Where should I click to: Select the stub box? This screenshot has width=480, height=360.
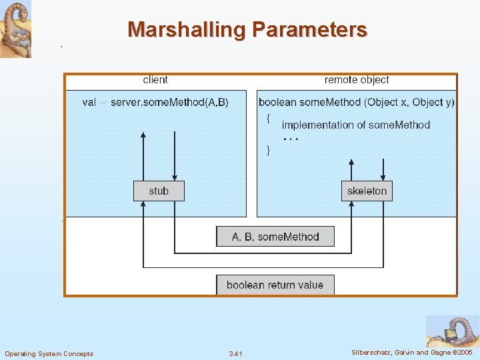tap(159, 191)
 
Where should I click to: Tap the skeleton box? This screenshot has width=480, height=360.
tap(367, 191)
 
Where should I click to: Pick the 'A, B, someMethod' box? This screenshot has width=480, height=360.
tap(275, 237)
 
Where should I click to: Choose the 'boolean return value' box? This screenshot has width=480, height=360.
tap(275, 285)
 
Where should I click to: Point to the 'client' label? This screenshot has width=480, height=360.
tap(155, 80)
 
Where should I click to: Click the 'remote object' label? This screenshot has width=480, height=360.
tap(357, 80)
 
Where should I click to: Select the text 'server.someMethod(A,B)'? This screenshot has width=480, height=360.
tap(169, 102)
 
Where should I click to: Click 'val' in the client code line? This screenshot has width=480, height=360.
tap(89, 102)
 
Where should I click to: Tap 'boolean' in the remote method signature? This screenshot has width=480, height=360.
tap(277, 102)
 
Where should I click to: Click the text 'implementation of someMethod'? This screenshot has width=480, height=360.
tap(356, 125)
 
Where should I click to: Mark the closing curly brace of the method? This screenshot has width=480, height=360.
tap(268, 150)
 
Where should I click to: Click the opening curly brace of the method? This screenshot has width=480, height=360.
tap(268, 119)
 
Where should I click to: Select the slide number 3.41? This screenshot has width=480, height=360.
tap(235, 353)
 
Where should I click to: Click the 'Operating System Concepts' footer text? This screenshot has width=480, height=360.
tap(49, 353)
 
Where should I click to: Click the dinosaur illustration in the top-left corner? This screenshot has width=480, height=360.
tap(15, 29)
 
